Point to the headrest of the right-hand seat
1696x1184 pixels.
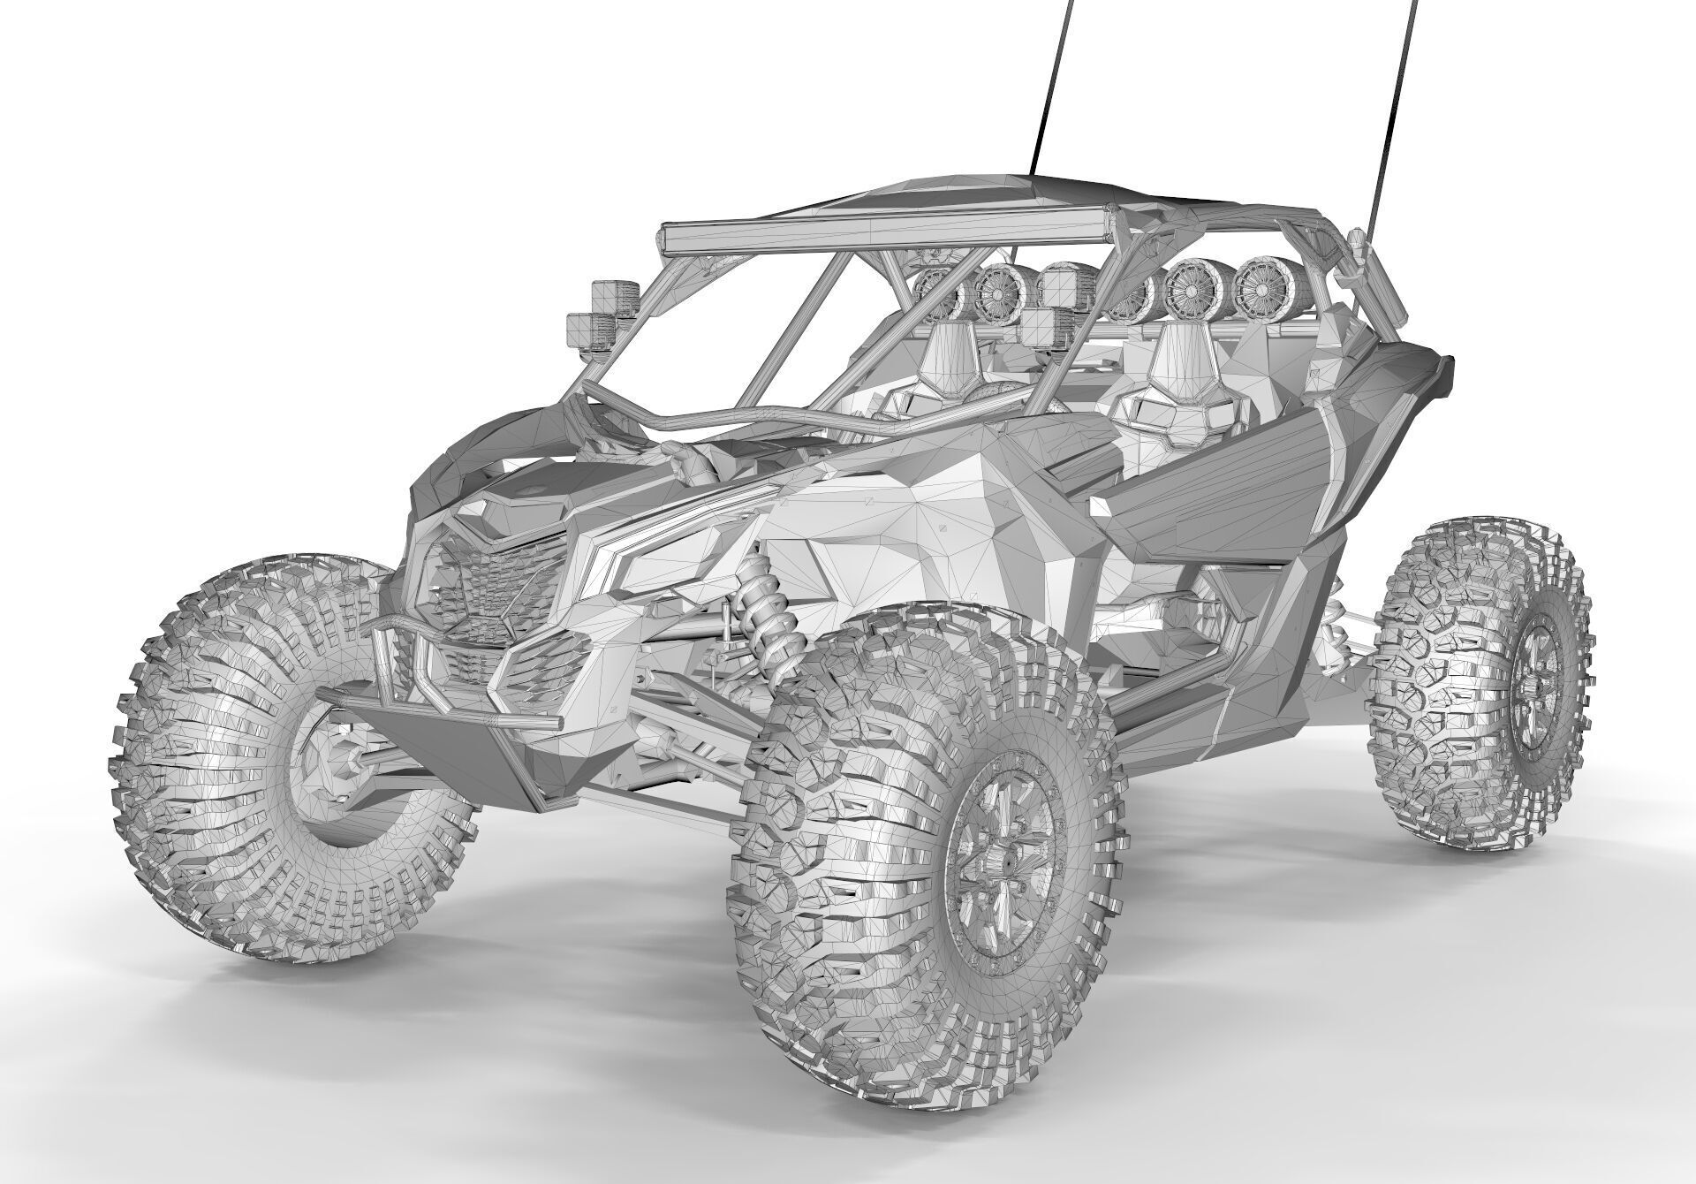(x=1180, y=350)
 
